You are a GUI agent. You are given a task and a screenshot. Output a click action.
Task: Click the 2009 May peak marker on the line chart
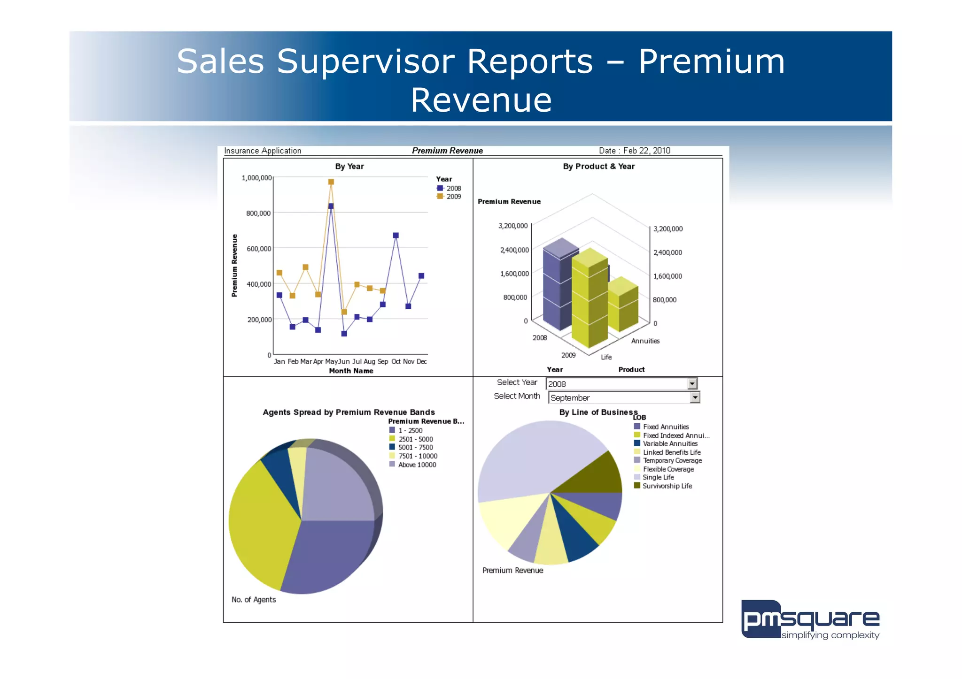(x=331, y=182)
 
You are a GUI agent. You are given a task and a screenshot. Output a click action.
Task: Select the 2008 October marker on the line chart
(x=396, y=236)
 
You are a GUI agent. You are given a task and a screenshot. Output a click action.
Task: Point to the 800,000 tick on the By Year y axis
(x=258, y=213)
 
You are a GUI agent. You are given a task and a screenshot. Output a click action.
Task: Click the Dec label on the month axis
(x=421, y=361)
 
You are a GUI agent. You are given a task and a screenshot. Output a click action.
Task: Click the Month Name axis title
(x=351, y=371)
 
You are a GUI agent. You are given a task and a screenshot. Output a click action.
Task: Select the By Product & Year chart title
(x=598, y=166)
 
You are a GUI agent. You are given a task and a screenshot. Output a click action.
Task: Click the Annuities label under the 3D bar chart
(x=645, y=341)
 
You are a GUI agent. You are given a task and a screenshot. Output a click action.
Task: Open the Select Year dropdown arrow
(x=692, y=384)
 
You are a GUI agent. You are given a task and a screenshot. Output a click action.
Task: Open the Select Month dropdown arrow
(x=695, y=397)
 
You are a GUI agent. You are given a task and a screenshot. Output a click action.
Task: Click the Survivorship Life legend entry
(x=667, y=486)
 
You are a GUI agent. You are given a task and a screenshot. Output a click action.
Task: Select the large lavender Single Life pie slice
(x=535, y=458)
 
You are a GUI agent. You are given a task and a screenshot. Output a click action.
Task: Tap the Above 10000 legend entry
(x=416, y=465)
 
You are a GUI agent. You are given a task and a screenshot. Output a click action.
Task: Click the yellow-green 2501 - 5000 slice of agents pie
(x=258, y=521)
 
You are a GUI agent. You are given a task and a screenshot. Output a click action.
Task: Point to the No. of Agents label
(x=254, y=600)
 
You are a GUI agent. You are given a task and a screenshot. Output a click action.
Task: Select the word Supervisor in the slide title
(x=434, y=61)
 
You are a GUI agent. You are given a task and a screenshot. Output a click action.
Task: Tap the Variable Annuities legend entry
(x=669, y=443)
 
